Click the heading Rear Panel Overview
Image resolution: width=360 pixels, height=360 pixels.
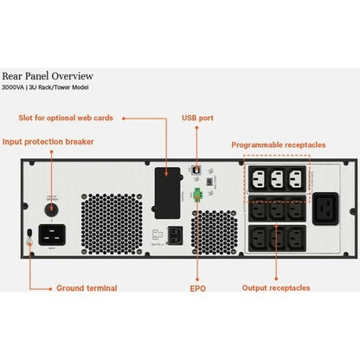coord(60,76)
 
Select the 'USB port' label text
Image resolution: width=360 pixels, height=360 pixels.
coord(199,118)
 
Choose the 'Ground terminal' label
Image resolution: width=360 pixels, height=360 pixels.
coord(87,287)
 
